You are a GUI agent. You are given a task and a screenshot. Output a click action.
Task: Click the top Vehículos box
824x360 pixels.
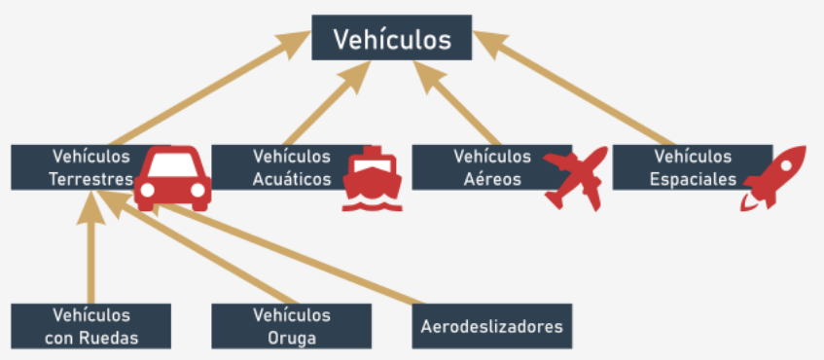point(391,37)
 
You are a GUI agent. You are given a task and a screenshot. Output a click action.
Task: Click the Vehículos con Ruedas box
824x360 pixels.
point(90,326)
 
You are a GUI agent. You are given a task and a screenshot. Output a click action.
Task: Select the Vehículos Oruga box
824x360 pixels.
point(292,326)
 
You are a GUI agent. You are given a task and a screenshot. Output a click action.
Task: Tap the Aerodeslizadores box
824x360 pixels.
point(492,326)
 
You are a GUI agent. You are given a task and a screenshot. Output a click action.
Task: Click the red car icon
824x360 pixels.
point(172,179)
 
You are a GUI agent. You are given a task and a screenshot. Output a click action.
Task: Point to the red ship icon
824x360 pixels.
point(372,179)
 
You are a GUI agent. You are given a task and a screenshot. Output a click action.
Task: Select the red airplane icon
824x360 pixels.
point(575,179)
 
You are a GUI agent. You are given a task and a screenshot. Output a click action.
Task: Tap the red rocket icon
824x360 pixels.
point(773,178)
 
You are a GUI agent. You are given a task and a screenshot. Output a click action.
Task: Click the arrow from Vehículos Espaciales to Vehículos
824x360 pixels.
point(573,88)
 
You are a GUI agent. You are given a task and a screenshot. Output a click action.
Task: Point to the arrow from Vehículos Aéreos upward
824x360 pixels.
point(456,102)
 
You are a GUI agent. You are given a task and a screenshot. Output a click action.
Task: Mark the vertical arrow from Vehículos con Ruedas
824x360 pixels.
point(90,247)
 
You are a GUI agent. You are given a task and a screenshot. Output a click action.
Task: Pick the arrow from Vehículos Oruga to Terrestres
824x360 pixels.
point(198,247)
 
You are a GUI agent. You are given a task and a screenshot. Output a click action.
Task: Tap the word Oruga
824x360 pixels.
point(292,338)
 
